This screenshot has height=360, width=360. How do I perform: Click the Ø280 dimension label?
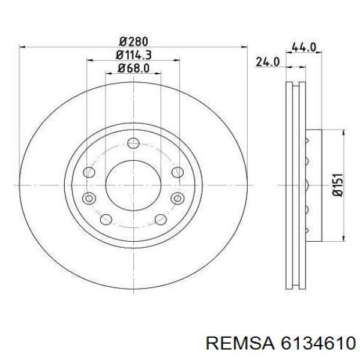click(133, 41)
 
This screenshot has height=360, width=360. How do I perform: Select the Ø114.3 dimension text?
click(133, 55)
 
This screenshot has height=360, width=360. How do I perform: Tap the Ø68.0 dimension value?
click(133, 68)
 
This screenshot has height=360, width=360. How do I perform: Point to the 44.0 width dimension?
click(304, 47)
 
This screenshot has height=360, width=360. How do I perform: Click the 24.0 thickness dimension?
click(268, 61)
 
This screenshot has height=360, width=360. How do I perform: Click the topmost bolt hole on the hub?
click(133, 143)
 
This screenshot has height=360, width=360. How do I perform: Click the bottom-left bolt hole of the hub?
click(107, 219)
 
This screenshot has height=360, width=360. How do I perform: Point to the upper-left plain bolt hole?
click(89, 172)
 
